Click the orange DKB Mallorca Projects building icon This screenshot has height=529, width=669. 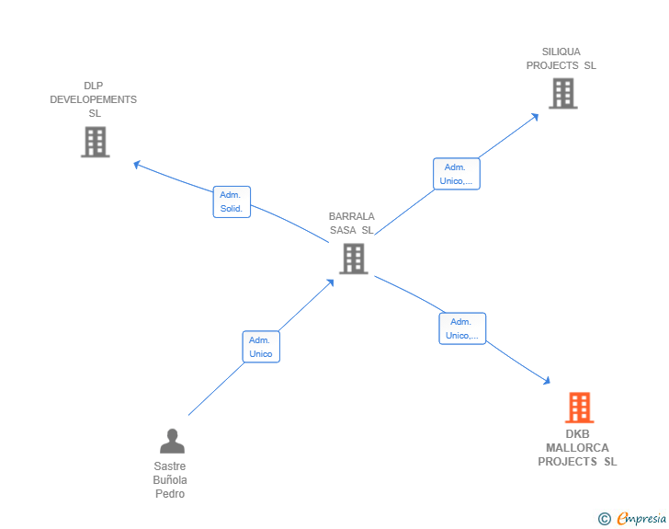[579, 408]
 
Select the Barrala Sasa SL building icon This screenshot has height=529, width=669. [354, 259]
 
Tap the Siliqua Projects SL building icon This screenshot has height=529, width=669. [563, 93]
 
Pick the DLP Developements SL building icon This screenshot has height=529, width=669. [96, 142]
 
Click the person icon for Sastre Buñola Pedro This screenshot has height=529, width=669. [173, 441]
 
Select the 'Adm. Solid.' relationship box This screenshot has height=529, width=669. [232, 201]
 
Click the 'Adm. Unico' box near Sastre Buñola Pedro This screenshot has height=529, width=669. [261, 347]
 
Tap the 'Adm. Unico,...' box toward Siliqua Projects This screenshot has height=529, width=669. [457, 174]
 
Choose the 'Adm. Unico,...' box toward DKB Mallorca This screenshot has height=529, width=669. [462, 328]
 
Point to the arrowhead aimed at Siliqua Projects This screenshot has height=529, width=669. [535, 117]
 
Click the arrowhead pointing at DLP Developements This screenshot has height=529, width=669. [137, 164]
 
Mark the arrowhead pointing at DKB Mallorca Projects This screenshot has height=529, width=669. [547, 380]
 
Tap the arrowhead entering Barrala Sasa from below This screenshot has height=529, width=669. [330, 282]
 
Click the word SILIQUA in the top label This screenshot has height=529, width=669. [561, 52]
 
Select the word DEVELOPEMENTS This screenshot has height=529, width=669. [94, 99]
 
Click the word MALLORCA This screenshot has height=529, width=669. [577, 448]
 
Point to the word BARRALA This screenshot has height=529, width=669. [352, 216]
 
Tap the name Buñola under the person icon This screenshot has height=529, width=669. [170, 480]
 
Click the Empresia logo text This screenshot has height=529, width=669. [641, 519]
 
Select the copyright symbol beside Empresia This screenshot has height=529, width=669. [605, 519]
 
